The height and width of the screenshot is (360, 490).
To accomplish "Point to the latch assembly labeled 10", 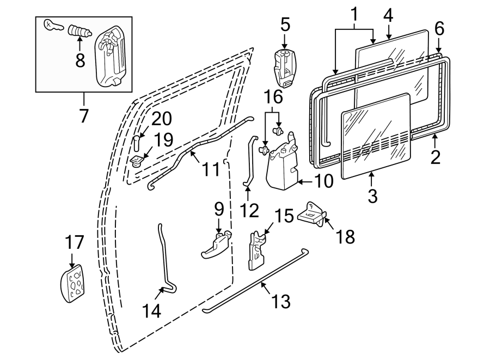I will pos(281,163).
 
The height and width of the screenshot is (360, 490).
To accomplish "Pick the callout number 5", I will pos(285,25).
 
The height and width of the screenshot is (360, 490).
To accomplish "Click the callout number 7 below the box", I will pos(83,116).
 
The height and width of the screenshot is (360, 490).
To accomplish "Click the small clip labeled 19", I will pos(137,160).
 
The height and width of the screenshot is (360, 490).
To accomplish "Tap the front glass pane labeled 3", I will pos(376,142).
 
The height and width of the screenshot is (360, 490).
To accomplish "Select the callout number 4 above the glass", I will pos(388,15).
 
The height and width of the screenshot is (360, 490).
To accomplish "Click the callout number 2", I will pos(434,157).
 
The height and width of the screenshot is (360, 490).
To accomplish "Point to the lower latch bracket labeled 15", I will pos(255,251).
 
